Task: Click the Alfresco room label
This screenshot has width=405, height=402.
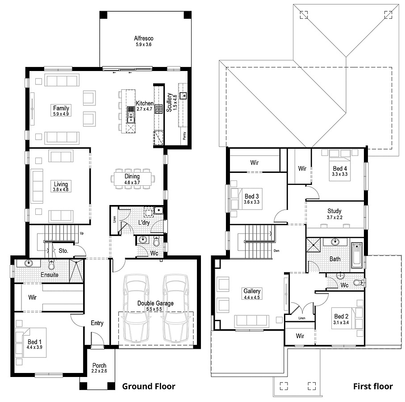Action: point(144,38)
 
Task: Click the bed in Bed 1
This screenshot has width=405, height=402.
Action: point(26,343)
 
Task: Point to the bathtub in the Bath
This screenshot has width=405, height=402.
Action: point(357,255)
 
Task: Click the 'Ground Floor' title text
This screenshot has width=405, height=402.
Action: point(149,386)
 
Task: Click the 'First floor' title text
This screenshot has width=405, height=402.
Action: point(373,386)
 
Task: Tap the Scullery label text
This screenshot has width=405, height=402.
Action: point(169,102)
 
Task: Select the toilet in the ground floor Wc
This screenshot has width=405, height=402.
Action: point(156,242)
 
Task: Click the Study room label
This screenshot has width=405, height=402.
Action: point(334,211)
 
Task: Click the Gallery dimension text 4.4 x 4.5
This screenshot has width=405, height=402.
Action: point(252,297)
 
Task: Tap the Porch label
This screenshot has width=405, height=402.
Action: point(99,365)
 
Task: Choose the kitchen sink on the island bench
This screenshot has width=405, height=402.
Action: point(131,117)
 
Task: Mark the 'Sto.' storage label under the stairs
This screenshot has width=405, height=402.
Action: point(63,251)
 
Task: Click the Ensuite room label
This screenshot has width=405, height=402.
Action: point(49,275)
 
